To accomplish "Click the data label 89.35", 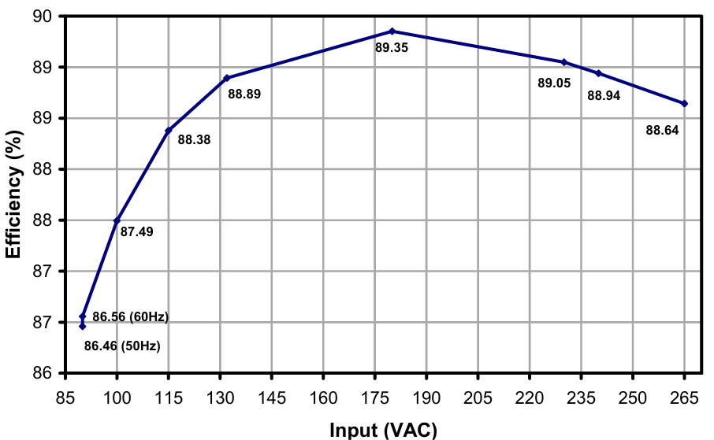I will point(391,48).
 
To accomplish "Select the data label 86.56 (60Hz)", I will point(131,317).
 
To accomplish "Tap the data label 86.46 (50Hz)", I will point(122,346).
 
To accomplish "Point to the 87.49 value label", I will point(136,231).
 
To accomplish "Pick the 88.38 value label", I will point(194,140).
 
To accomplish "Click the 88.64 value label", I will point(662,131).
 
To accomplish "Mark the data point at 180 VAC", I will point(392,31).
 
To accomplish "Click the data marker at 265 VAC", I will point(684,103).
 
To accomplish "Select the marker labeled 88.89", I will point(226,78).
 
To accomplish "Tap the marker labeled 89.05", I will point(564,62).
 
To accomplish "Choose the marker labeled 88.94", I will point(598,73).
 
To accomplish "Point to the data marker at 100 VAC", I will point(117,220).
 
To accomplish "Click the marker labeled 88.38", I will point(169,131).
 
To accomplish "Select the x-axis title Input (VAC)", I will point(382,429).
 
